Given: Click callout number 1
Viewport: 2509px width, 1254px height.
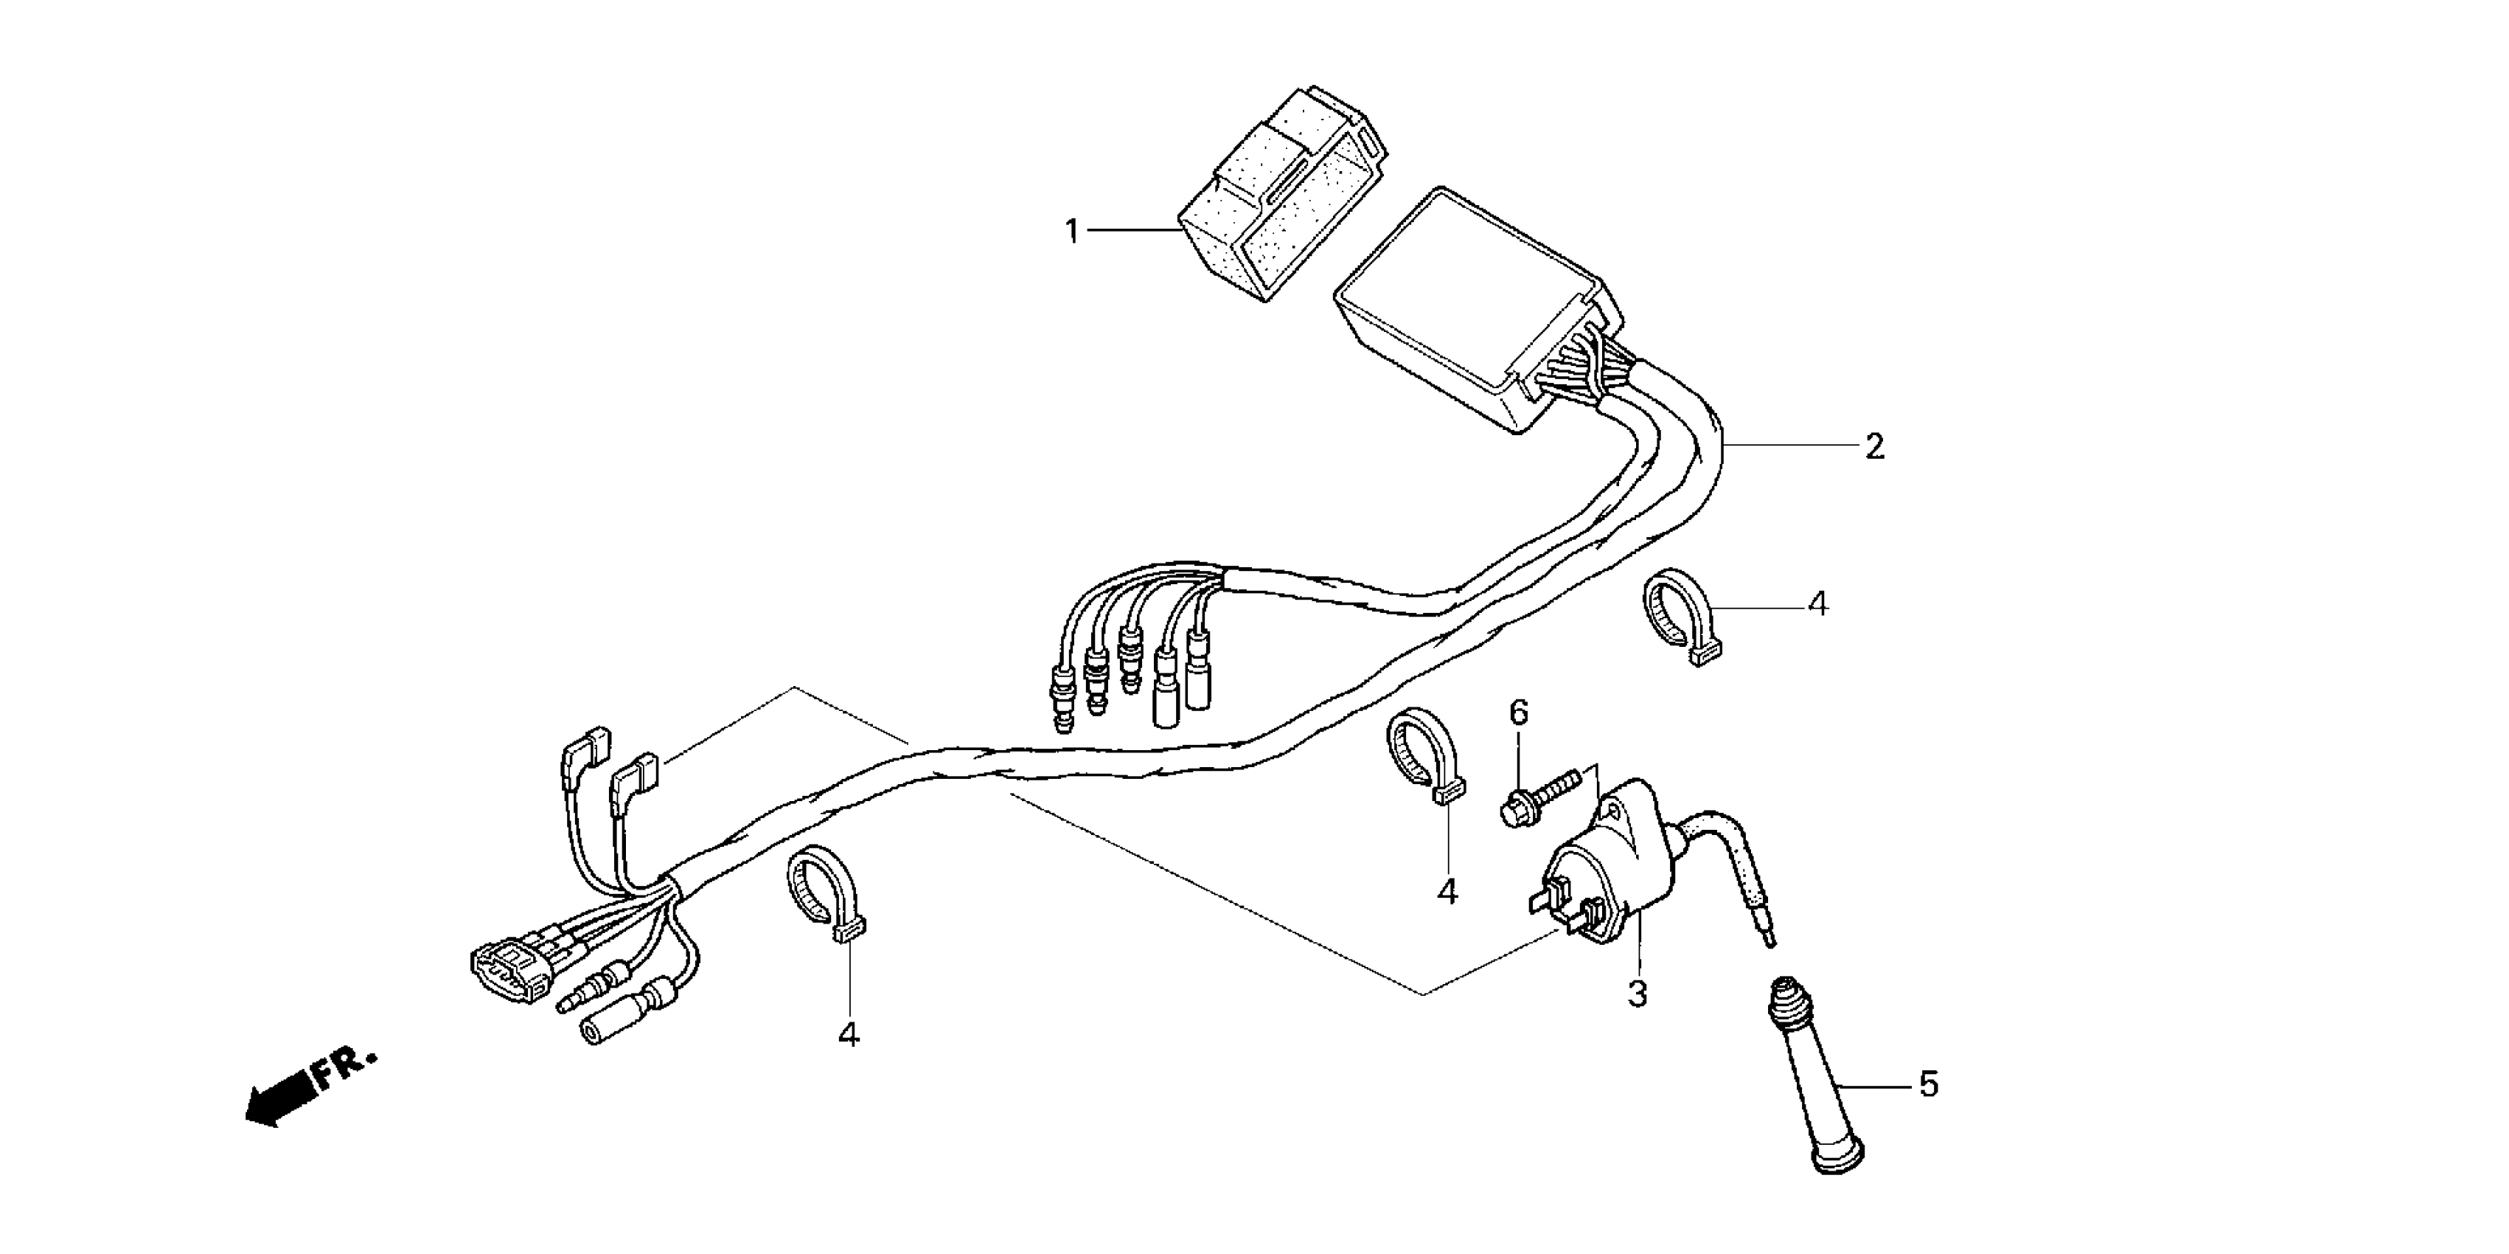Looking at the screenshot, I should click(x=1071, y=232).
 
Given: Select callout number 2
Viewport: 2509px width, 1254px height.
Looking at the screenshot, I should click(x=1874, y=447).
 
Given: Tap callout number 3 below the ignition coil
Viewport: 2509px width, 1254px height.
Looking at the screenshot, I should click(x=1638, y=994).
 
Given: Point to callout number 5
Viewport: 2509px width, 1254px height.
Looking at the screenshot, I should click(x=1929, y=1084).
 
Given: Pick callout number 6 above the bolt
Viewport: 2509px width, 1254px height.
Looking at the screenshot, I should click(x=1519, y=713).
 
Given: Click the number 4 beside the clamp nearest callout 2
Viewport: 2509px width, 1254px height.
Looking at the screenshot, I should click(x=1817, y=604).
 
